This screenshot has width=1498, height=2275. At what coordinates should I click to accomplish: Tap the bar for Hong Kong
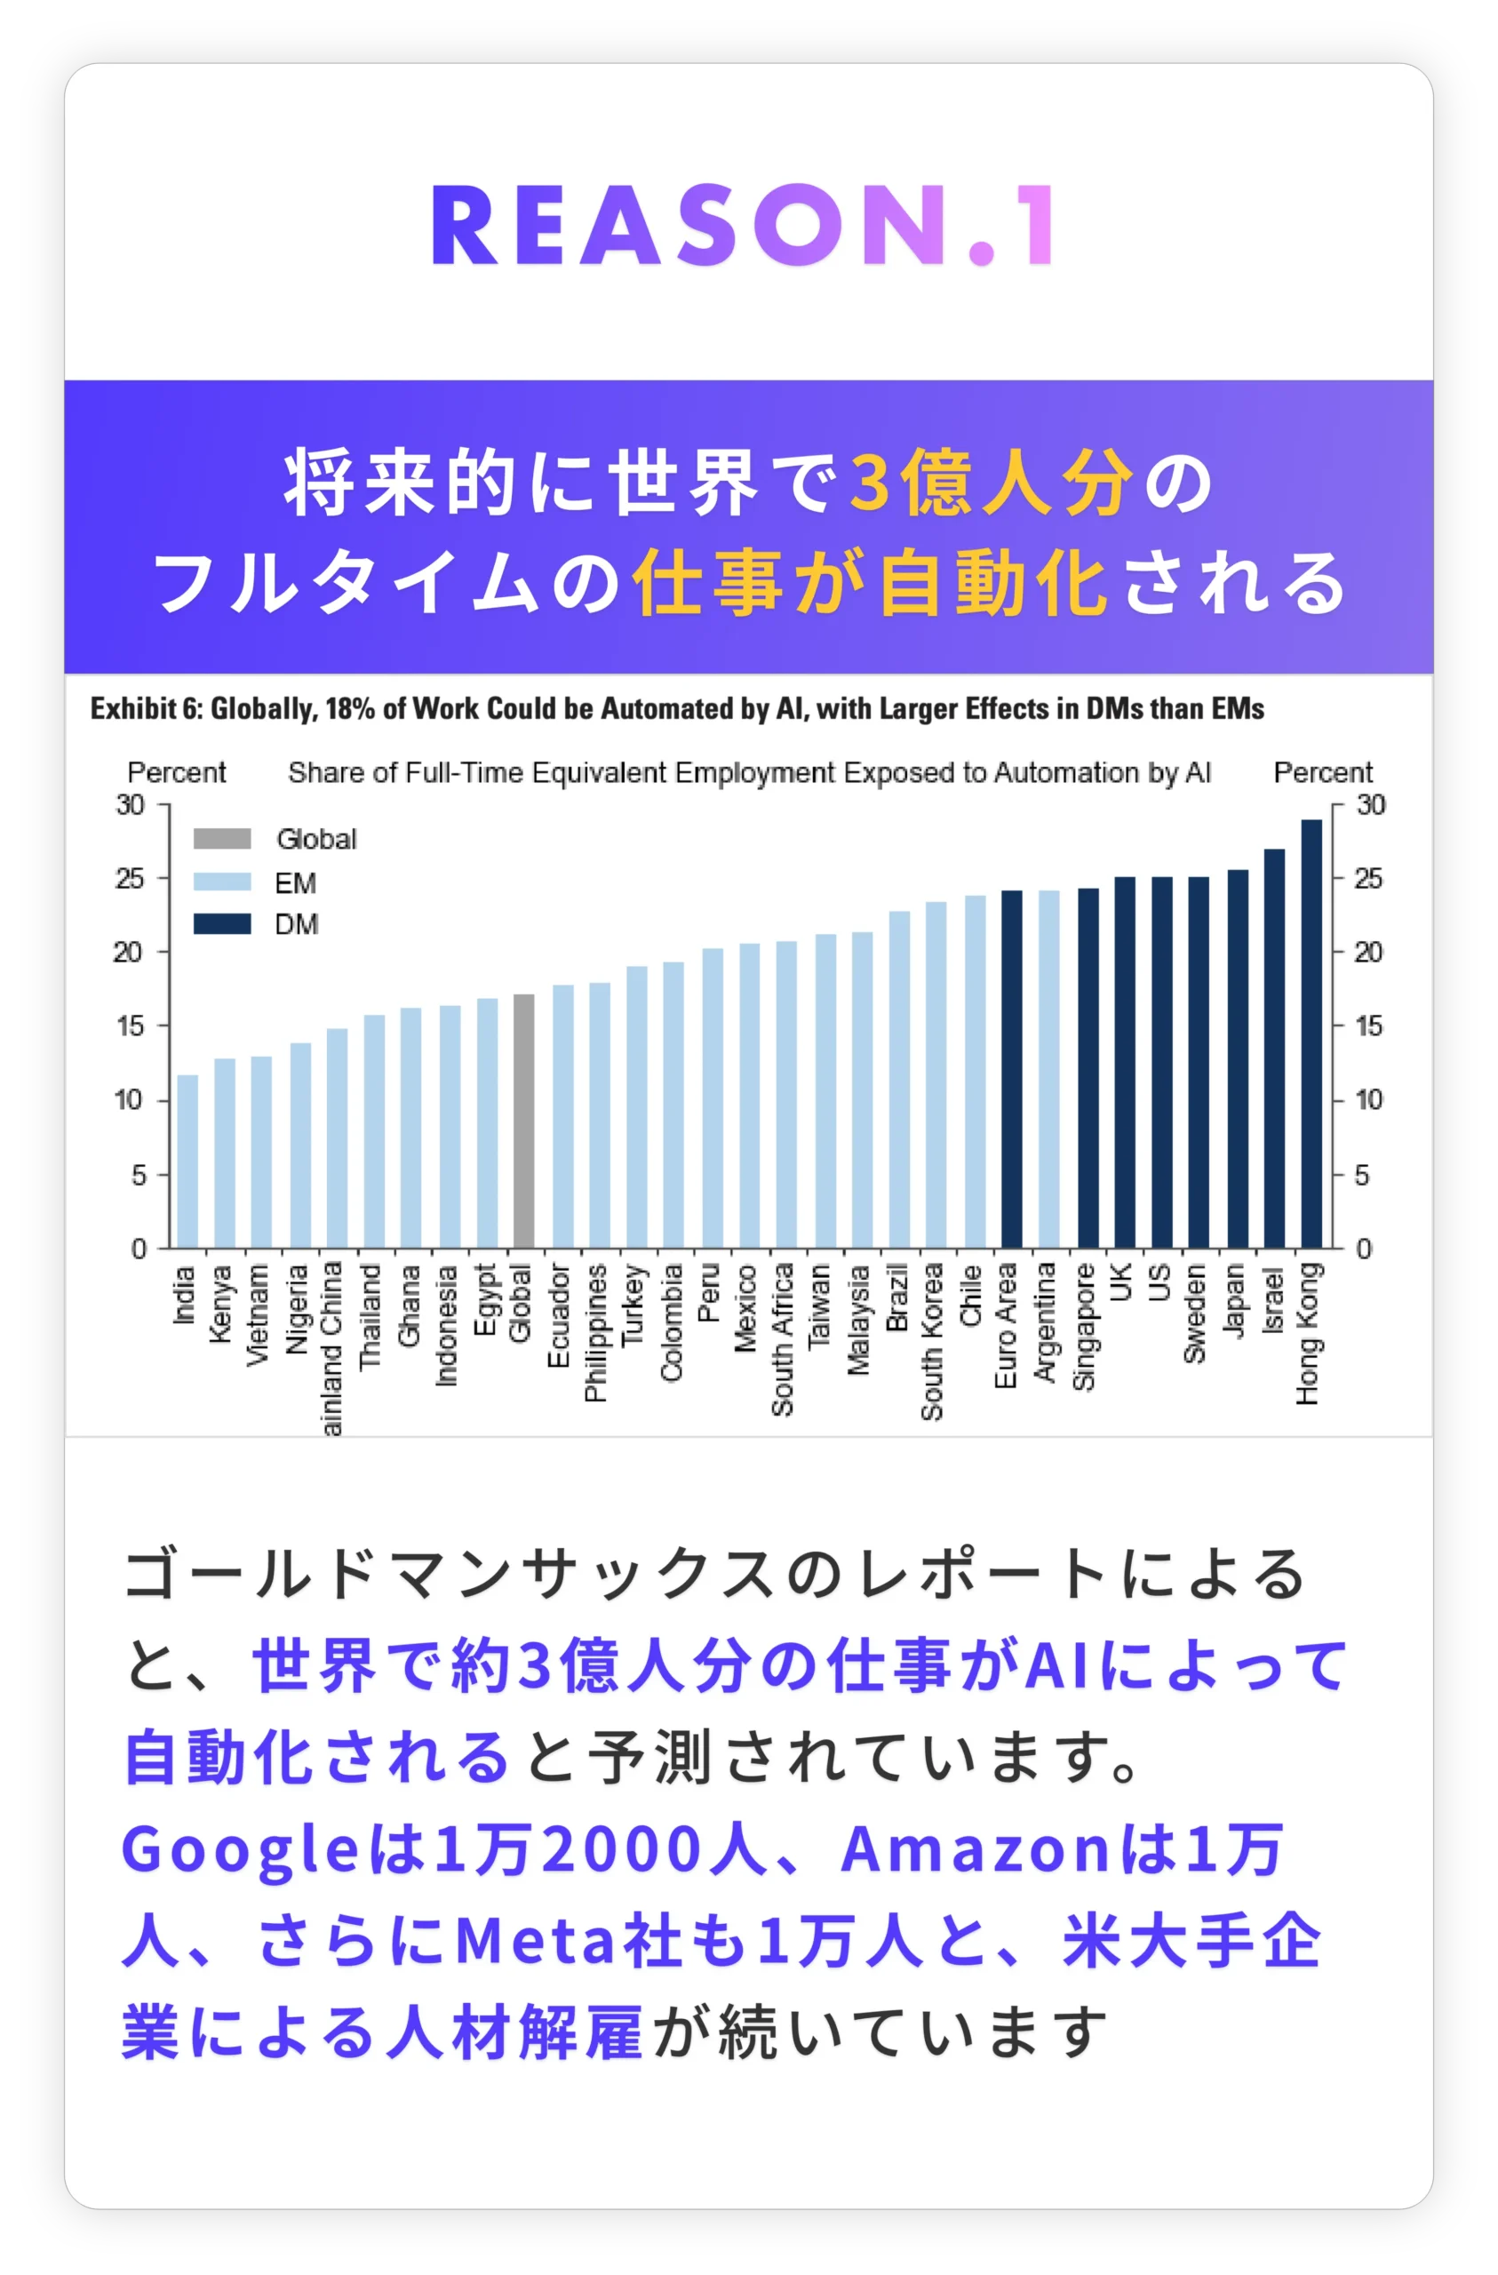tap(1311, 1033)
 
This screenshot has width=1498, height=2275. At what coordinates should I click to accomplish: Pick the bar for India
tap(187, 1161)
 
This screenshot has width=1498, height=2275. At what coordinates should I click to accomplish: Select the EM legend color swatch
tap(222, 882)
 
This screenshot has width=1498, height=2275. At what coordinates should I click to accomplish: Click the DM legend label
tap(297, 924)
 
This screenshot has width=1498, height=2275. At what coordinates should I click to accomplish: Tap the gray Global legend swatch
tap(222, 838)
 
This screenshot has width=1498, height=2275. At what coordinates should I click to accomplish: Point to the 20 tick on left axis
tap(128, 952)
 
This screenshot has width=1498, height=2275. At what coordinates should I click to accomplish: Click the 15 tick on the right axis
tap(1368, 1026)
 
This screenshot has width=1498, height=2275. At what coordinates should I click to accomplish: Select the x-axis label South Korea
tap(931, 1340)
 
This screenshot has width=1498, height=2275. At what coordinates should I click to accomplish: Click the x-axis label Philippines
tap(595, 1332)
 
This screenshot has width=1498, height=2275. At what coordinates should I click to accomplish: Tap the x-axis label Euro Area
tap(1005, 1325)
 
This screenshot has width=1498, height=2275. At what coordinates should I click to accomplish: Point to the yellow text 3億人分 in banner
tap(991, 483)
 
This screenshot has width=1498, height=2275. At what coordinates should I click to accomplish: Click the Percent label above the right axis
tap(1322, 772)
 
